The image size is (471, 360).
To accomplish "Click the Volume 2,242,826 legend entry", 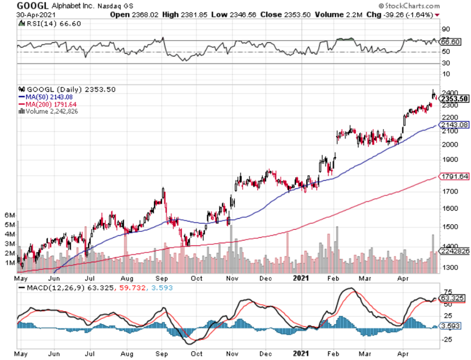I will click(x=48, y=111).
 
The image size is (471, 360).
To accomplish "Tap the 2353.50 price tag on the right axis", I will click(x=454, y=99).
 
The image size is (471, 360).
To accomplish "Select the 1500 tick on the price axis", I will click(x=447, y=227).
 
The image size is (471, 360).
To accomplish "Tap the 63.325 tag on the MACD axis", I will click(x=451, y=298).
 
